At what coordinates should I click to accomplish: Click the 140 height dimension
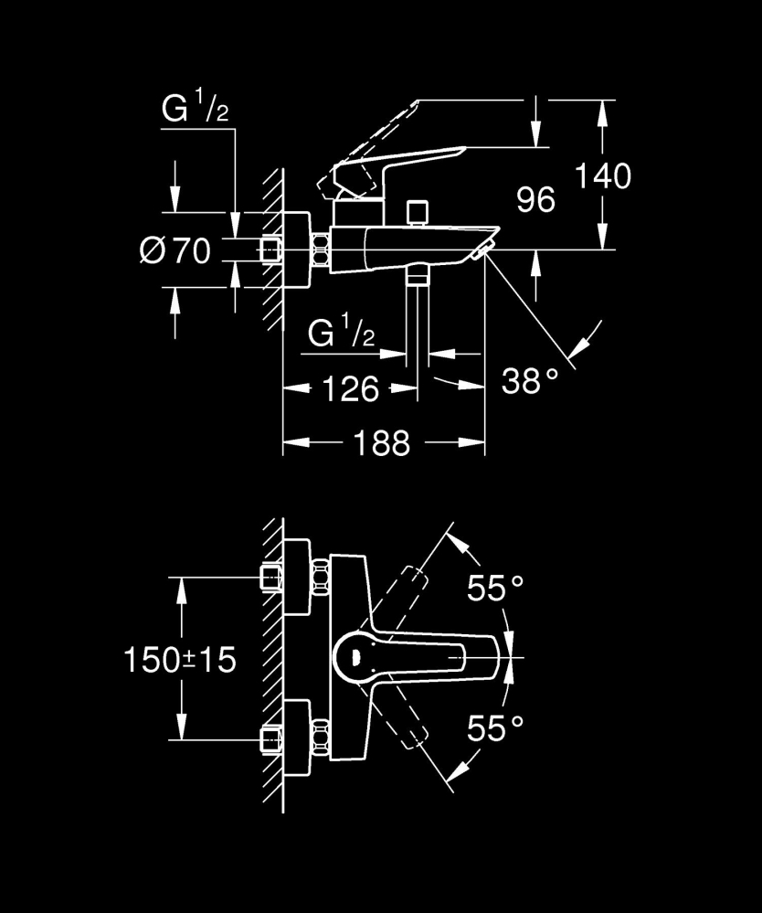tap(602, 175)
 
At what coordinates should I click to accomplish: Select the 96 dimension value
tap(535, 199)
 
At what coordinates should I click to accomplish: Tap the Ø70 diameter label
tap(175, 249)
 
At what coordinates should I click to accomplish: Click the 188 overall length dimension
tap(382, 444)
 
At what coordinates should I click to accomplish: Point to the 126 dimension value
tap(350, 390)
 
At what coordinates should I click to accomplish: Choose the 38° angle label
tap(529, 381)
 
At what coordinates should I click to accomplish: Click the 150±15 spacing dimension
tap(179, 658)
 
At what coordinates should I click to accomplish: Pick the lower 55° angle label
tap(496, 728)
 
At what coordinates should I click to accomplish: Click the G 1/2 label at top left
tap(194, 111)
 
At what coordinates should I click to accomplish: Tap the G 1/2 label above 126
tap(341, 334)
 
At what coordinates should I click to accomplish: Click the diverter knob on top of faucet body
tap(419, 213)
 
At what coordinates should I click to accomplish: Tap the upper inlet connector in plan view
tap(271, 578)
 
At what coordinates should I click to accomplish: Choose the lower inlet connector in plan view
tap(271, 738)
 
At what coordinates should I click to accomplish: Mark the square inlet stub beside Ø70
tap(270, 249)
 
